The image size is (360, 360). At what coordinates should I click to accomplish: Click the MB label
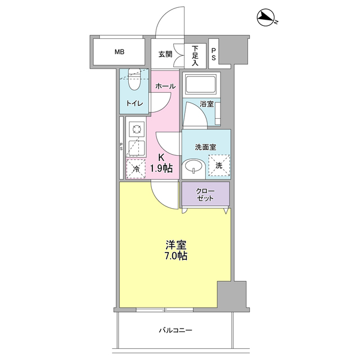tap(119, 52)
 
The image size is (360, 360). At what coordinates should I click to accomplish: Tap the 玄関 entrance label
tap(164, 54)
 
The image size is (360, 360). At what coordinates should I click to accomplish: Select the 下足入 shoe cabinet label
tap(195, 55)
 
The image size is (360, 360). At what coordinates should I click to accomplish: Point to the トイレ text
tap(134, 103)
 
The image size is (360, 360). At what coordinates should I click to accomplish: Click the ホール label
tap(165, 86)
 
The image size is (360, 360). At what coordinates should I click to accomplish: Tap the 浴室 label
tap(206, 104)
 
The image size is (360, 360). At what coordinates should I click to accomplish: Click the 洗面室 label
tap(205, 147)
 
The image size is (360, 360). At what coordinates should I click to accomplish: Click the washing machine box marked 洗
tap(219, 165)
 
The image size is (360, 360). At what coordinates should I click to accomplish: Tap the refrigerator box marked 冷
tap(136, 168)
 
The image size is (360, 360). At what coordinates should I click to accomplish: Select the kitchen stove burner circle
tap(136, 130)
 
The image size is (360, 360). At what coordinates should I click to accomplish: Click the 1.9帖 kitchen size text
tap(161, 168)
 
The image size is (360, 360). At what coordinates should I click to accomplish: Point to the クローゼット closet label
tap(205, 194)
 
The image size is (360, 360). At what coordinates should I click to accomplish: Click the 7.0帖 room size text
tap(176, 256)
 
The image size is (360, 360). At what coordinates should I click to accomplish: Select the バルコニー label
tap(175, 330)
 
